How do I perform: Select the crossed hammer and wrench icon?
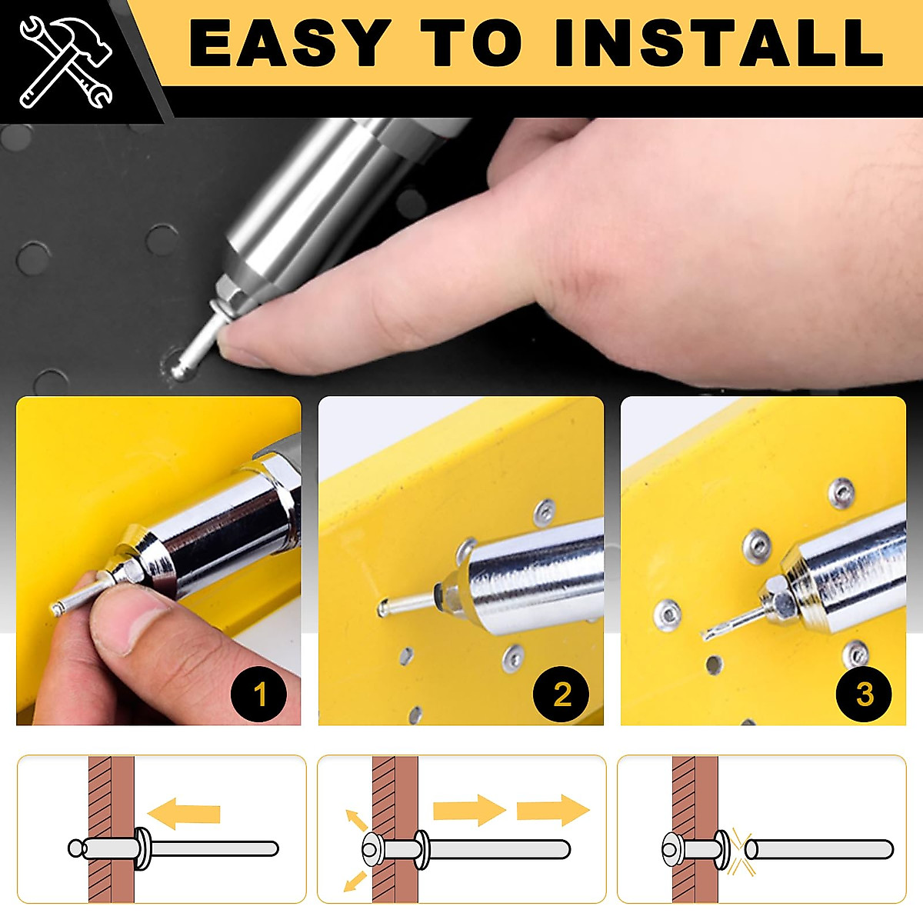(x=65, y=62)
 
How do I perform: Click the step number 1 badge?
(x=260, y=695)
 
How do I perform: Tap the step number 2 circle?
(x=562, y=695)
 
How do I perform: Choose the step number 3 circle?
(x=865, y=695)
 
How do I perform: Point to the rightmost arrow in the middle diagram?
(x=552, y=810)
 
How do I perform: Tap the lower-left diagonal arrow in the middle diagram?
(x=355, y=880)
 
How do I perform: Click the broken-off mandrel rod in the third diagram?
(x=819, y=849)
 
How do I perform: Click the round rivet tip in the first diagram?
(x=76, y=848)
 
